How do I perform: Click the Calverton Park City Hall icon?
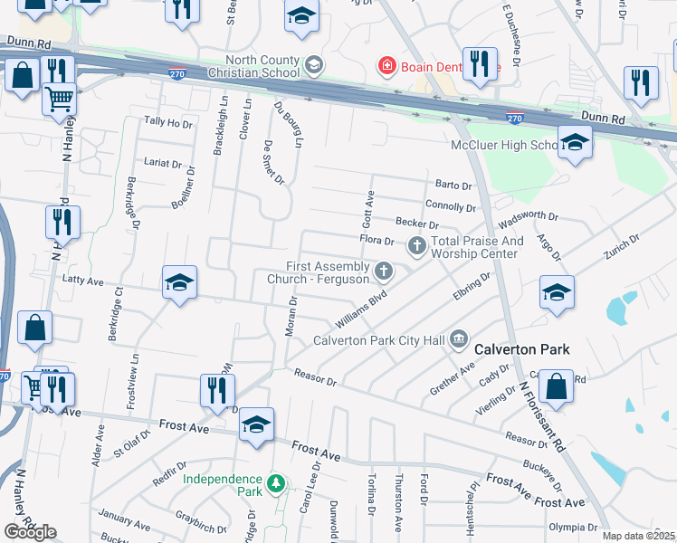(458, 340)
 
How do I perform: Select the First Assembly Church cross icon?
(384, 271)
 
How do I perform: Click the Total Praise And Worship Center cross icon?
(416, 244)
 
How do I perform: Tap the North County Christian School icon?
(314, 64)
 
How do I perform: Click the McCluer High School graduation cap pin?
(574, 143)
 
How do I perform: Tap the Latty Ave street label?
(83, 281)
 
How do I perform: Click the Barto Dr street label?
(453, 186)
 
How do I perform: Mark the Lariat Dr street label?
(163, 164)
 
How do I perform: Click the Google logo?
(30, 531)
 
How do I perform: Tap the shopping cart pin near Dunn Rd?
(60, 98)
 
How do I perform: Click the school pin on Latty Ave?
(179, 283)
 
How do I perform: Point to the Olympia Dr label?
(573, 527)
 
